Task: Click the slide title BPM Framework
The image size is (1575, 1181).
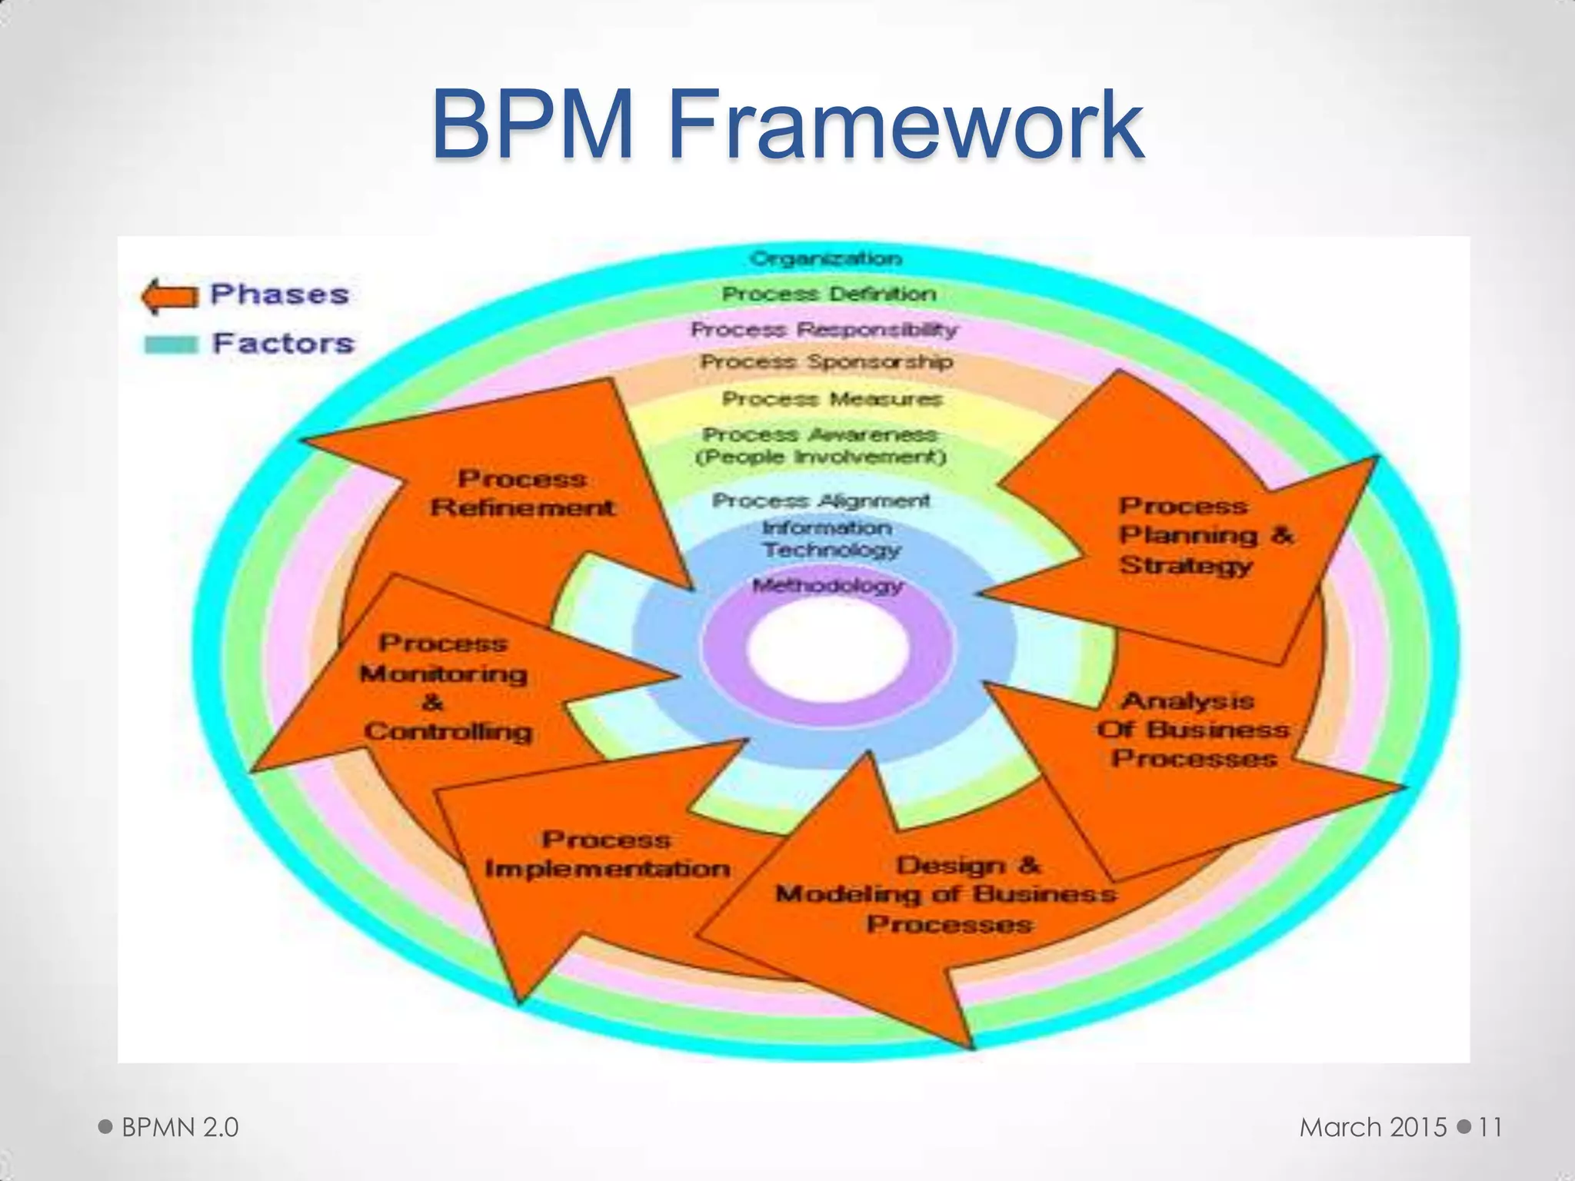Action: point(787,125)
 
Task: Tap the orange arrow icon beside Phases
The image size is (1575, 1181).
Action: point(168,296)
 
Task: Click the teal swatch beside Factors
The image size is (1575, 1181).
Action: point(171,344)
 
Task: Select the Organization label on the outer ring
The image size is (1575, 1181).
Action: point(825,258)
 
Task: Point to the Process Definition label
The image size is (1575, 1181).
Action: point(828,294)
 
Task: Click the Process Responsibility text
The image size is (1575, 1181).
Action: point(824,330)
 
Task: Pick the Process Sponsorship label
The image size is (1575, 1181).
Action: point(826,362)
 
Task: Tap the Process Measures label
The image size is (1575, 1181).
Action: point(831,399)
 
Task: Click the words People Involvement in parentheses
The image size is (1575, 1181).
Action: point(820,457)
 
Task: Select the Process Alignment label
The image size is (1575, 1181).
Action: point(821,501)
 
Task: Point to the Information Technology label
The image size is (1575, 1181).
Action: point(829,539)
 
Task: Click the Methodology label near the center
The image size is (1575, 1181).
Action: point(827,586)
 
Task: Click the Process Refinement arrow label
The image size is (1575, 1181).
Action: point(523,493)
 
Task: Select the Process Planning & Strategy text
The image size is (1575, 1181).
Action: point(1204,536)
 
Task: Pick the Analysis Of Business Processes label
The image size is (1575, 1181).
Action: point(1192,730)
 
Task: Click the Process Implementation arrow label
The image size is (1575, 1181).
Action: point(607,854)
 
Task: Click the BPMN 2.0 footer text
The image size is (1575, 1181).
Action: point(180,1127)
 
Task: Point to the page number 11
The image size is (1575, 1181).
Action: point(1490,1127)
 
